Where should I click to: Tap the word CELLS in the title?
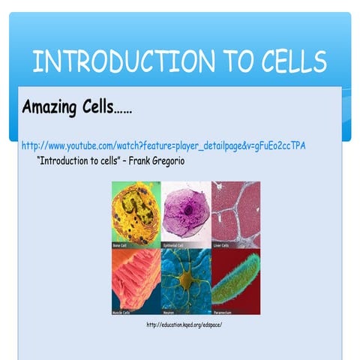284,61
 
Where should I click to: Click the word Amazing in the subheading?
54,107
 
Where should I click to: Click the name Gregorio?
160,160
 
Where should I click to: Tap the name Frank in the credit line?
126,160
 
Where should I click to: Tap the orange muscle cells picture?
136,279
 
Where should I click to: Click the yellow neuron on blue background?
185,279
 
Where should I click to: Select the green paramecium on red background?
235,279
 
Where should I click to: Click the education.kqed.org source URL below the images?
184,325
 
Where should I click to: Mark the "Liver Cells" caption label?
223,244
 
